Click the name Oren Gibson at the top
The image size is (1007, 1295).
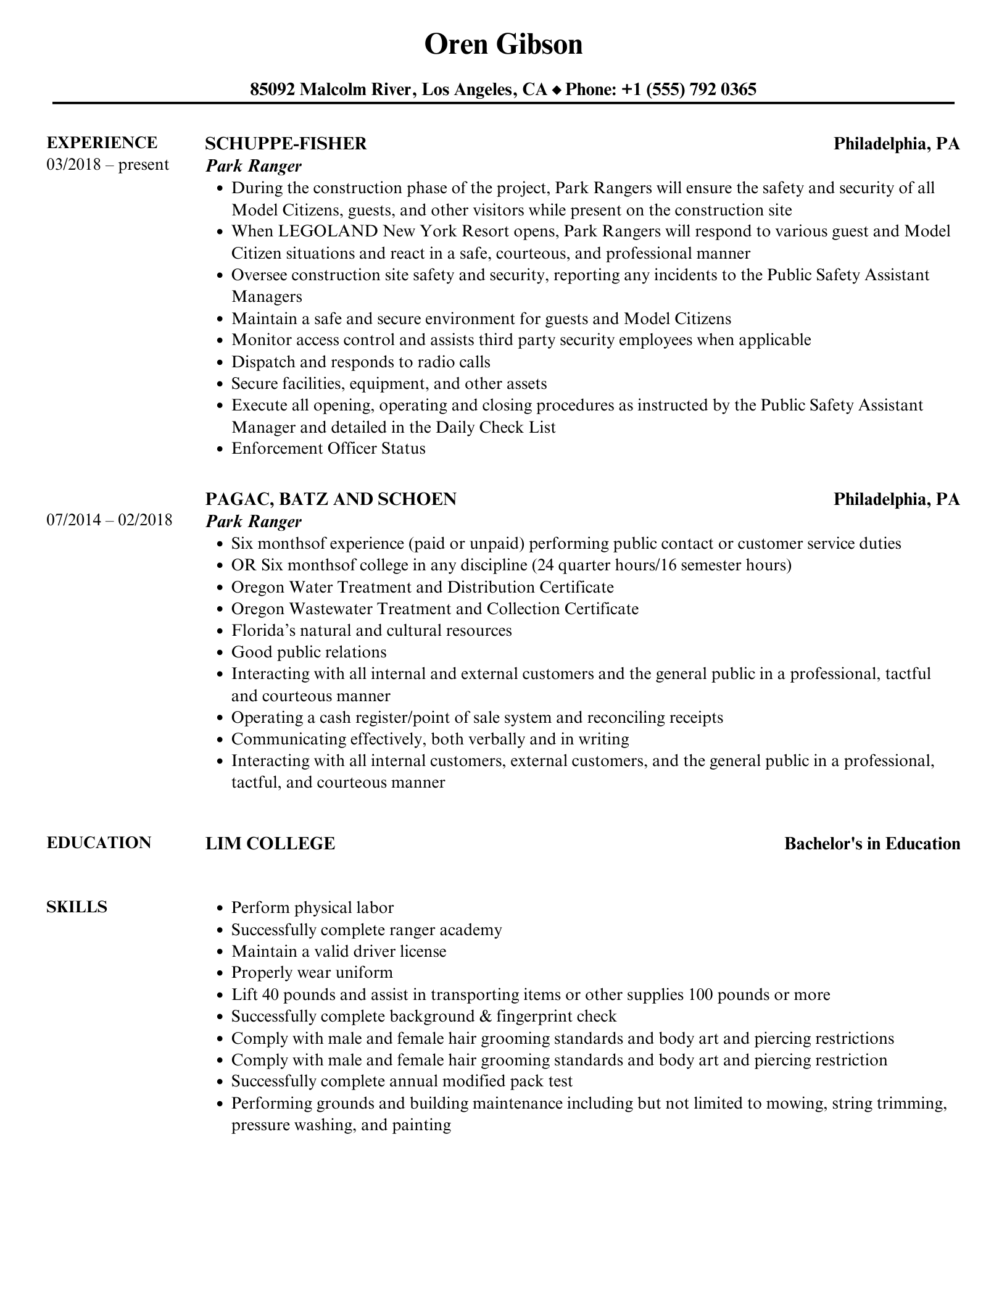coord(503,44)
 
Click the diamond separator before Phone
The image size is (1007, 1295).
coord(557,90)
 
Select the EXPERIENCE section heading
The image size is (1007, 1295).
coord(102,143)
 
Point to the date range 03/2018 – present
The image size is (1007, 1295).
coord(107,165)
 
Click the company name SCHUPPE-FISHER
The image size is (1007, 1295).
coord(286,143)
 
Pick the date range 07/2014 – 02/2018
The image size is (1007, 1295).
coord(109,520)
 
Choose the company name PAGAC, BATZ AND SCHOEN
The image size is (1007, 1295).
coord(331,499)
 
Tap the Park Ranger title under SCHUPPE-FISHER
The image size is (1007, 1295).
coord(254,166)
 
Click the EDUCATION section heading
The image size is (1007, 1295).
coord(99,843)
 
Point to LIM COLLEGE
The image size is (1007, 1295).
coord(270,843)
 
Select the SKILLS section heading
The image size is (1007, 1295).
coord(77,907)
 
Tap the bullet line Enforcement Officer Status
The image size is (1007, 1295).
coord(328,448)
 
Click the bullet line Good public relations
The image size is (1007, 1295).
coord(309,652)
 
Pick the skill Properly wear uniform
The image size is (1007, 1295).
coord(312,972)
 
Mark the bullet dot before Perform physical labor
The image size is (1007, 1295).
coord(220,908)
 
